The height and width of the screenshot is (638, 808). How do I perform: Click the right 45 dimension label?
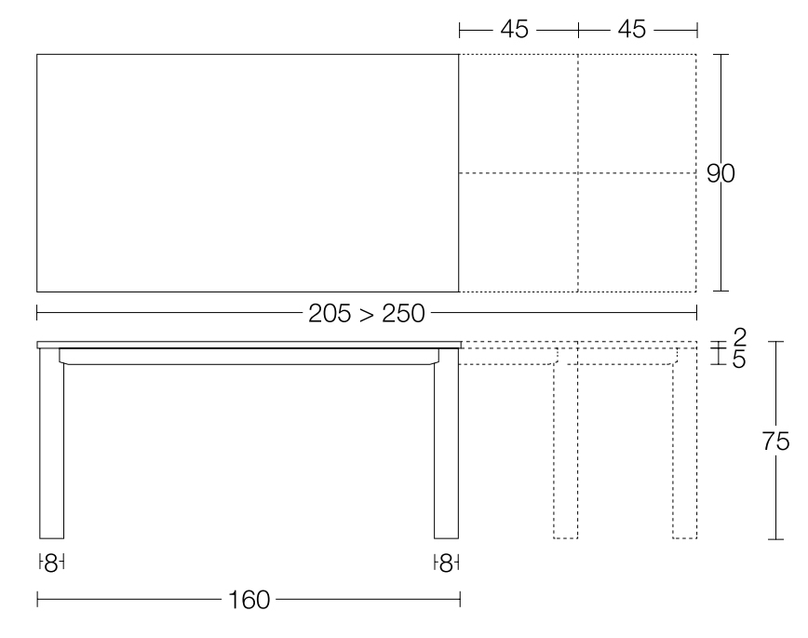632,30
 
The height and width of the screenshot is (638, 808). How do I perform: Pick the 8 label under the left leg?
52,563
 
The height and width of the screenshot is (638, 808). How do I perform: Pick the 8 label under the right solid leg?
447,563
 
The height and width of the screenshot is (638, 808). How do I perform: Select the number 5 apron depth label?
740,360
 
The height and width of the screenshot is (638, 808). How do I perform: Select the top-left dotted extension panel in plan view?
518,114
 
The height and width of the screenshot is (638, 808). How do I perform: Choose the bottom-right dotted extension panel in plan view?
637,232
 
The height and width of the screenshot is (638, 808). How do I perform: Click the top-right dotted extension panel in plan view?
637,114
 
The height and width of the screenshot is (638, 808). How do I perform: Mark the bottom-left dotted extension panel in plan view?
518,232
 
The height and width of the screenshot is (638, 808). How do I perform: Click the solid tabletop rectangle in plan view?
248,173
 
